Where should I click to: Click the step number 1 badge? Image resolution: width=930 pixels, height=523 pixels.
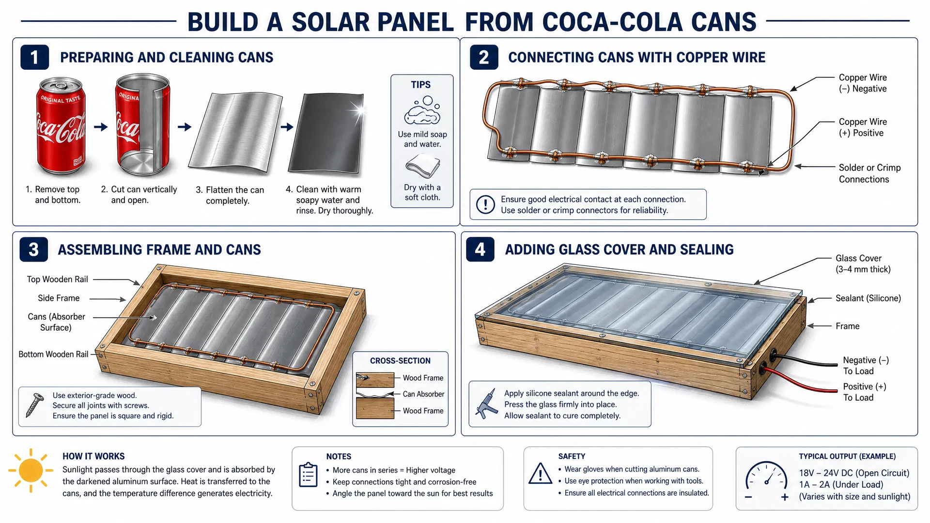point(34,57)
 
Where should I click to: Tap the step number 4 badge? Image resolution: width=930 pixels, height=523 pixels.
point(480,249)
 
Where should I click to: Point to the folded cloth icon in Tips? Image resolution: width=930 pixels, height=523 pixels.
point(422,167)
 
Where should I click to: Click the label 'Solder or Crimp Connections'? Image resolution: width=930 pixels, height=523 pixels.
point(870,173)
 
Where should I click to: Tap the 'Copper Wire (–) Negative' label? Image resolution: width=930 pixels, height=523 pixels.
point(863,83)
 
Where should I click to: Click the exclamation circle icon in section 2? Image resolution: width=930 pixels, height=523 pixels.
point(485,204)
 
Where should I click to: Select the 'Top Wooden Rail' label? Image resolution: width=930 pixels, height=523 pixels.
point(57,279)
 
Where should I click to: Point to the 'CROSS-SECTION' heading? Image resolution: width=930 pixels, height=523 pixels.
point(400,361)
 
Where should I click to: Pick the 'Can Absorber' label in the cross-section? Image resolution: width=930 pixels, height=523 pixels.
point(423,394)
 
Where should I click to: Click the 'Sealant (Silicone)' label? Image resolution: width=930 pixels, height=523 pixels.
point(868,298)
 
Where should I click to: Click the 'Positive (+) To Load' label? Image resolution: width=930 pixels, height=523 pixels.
point(865,392)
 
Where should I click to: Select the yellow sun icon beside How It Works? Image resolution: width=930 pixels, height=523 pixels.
point(31,470)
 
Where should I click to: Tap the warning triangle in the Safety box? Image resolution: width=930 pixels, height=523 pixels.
point(541,474)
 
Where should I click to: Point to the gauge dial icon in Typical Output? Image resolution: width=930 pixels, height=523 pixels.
point(767,481)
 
